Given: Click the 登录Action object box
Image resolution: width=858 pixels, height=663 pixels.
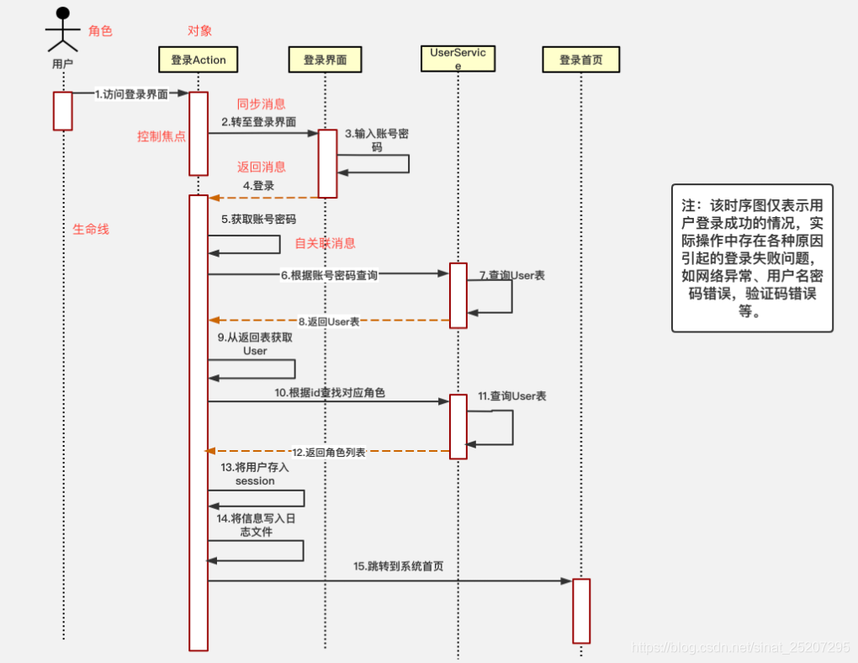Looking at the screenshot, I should (199, 60).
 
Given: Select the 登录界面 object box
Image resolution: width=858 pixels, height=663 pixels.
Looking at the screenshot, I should (325, 60).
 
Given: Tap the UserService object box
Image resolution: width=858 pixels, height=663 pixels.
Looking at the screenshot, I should (458, 59).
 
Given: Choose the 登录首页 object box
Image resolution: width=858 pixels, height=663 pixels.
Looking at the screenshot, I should (581, 60).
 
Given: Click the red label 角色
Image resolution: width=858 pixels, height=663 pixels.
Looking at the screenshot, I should (100, 31).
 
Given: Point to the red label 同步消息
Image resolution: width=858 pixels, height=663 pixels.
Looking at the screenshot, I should (261, 104).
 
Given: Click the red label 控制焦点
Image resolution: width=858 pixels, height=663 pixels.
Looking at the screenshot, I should (162, 136).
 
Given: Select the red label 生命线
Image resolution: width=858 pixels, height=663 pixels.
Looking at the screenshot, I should (90, 229).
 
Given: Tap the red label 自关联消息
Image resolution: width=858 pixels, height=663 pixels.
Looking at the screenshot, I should (325, 243).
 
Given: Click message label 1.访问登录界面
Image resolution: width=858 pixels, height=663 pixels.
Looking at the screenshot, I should (131, 94).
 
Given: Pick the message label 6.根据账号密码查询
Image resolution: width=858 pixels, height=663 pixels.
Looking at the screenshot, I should (330, 275).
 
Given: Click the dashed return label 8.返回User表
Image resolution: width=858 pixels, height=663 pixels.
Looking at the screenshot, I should (329, 321).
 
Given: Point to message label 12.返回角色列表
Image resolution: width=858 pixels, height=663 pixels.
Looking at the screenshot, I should (329, 452).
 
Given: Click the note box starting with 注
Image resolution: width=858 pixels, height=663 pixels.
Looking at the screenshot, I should (752, 258).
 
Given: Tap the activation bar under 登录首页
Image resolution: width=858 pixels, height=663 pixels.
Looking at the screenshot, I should (581, 611).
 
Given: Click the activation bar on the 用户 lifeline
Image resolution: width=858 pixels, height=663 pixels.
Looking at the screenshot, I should (63, 111).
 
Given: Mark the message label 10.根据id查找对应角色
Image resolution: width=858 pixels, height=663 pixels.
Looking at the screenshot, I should (330, 393).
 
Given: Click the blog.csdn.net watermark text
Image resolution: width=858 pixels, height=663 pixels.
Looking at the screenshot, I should (740, 647).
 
